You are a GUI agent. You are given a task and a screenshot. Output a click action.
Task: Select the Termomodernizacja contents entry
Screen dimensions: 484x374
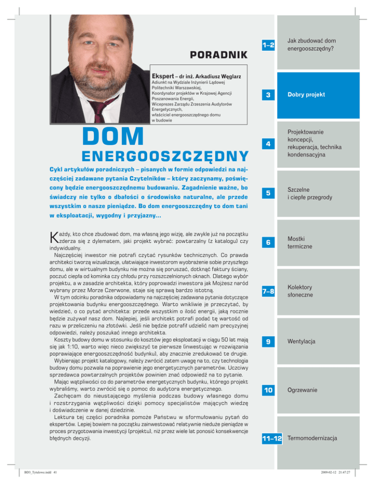click(313, 439)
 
